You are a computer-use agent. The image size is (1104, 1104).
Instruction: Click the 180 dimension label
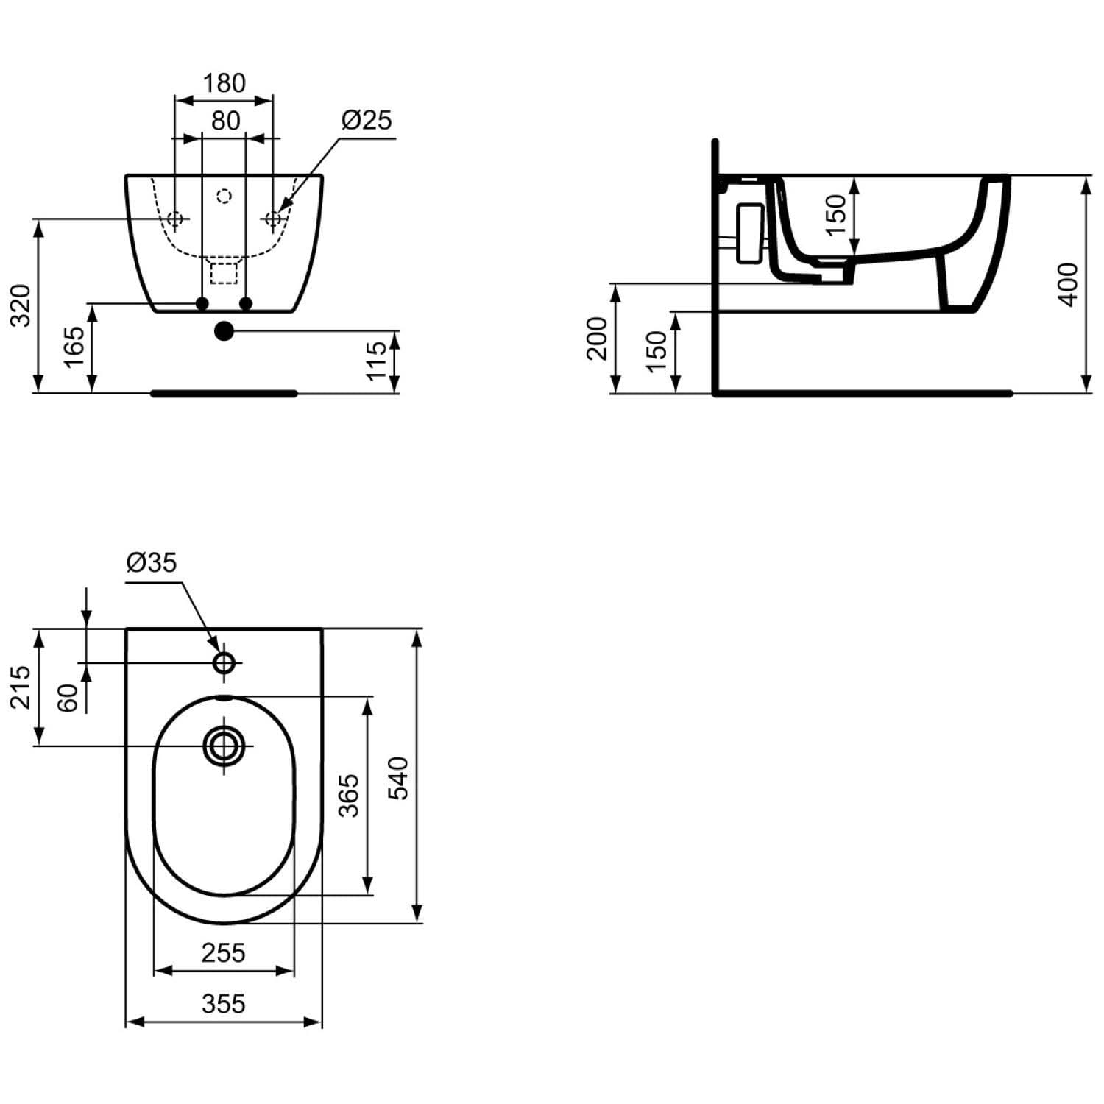(224, 83)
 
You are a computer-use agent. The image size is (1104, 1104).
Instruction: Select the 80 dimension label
(226, 121)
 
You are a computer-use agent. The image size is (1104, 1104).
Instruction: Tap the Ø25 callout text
(367, 120)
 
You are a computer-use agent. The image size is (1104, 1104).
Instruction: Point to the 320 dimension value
(21, 305)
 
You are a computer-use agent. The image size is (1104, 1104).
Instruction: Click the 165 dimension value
(74, 347)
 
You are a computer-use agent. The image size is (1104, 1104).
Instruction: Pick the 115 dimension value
(376, 361)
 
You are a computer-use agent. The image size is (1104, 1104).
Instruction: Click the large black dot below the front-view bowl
(224, 331)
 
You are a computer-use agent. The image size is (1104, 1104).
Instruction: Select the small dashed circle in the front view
(224, 196)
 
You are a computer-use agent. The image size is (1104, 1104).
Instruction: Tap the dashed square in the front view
(224, 272)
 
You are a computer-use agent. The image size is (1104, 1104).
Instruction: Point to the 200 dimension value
(597, 339)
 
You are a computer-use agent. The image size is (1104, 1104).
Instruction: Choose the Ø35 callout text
(152, 562)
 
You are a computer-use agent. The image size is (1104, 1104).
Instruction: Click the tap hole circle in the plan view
(224, 663)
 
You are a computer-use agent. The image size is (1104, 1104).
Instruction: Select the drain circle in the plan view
(224, 746)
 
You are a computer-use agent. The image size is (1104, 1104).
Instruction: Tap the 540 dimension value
(397, 777)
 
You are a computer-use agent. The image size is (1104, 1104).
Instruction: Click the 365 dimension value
(349, 795)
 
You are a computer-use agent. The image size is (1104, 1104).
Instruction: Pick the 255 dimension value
(223, 953)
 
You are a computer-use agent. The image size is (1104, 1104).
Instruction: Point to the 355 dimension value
(224, 1003)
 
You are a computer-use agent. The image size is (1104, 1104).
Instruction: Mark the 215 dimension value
(21, 687)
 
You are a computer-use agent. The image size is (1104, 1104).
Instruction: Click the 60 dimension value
(67, 697)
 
